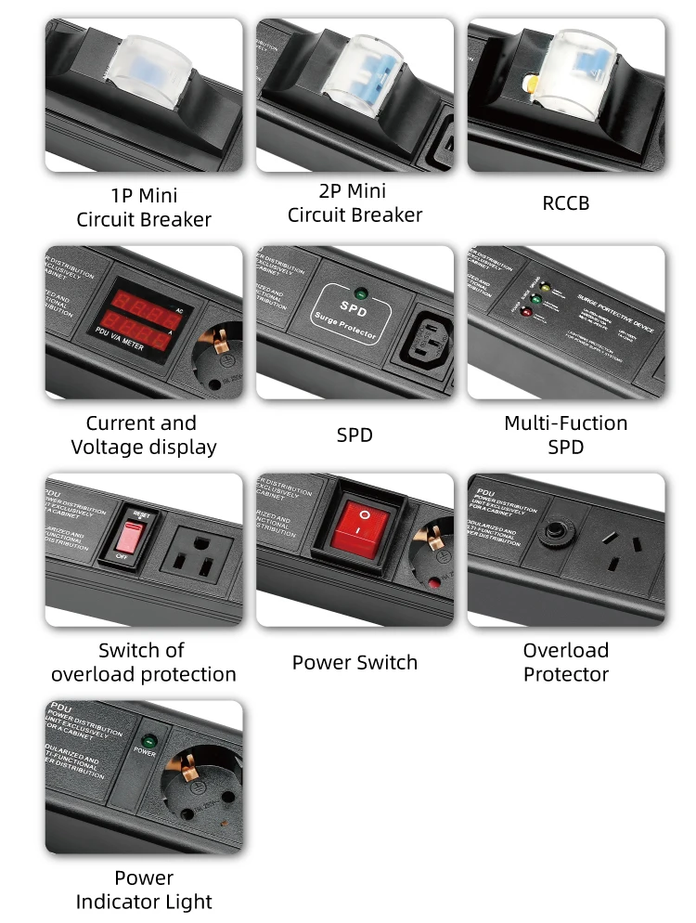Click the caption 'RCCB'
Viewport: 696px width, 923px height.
565,202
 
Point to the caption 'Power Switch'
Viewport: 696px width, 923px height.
354,662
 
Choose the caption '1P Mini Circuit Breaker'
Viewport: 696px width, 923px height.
144,208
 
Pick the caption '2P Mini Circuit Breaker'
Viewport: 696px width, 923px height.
354,202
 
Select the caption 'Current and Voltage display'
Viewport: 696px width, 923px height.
144,435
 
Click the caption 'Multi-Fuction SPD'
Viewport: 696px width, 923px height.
565,435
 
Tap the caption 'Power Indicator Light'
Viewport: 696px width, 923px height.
144,890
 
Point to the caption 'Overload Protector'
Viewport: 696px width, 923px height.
565,662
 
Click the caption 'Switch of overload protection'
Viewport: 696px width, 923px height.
144,662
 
